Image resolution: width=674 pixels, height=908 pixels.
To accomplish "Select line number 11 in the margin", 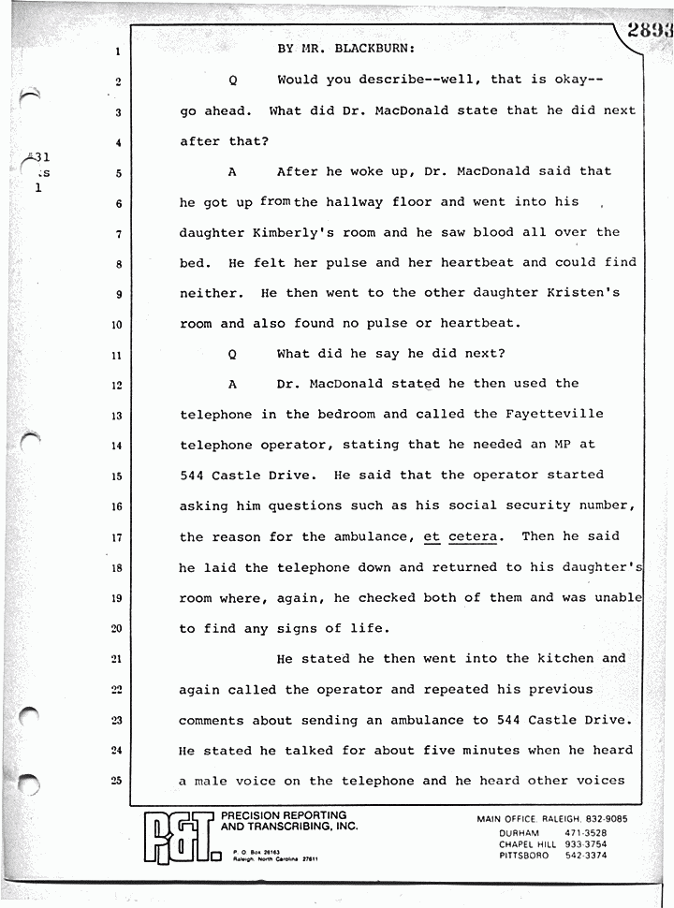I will point(117,356).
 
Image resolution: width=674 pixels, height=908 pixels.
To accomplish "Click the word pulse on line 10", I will point(391,324).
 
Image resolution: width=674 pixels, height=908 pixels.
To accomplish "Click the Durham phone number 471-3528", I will point(583,832).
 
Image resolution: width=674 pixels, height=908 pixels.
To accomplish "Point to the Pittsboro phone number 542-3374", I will point(583,855).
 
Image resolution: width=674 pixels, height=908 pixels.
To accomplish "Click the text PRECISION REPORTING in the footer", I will point(283,816).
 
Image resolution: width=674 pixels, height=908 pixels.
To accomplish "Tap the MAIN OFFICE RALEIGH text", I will point(529,819).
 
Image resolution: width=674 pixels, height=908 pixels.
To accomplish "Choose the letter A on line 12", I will point(232,384).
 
